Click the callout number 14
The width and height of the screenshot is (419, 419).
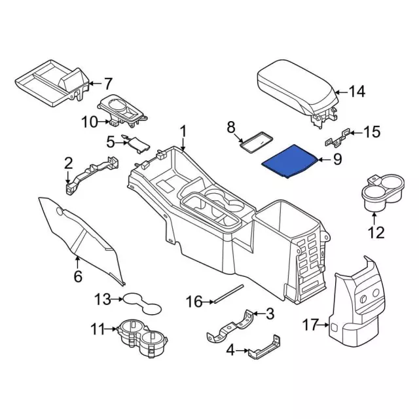[x=357, y=92]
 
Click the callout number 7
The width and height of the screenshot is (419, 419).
[x=107, y=83]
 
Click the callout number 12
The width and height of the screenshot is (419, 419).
[x=376, y=232]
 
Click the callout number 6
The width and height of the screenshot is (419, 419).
[x=78, y=276]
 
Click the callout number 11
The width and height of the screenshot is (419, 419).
[x=98, y=329]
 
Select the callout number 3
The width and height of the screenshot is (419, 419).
[x=270, y=315]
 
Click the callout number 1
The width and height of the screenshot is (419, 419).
[x=183, y=131]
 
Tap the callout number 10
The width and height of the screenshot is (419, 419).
[x=89, y=121]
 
